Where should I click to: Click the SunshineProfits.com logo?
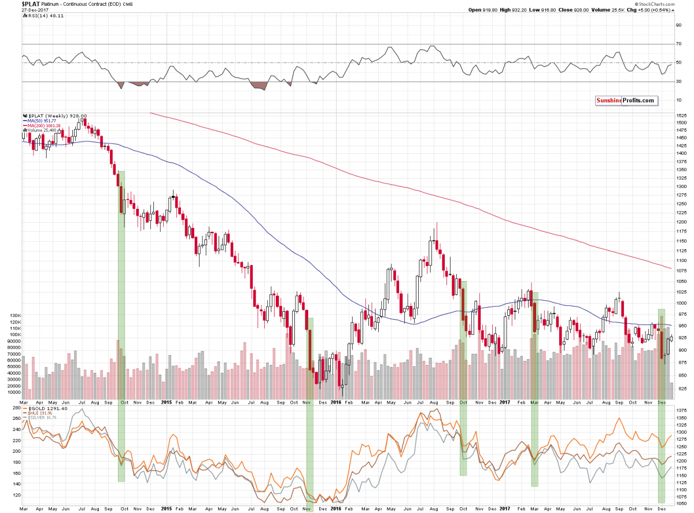(627, 101)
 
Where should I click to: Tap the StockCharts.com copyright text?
(666, 3)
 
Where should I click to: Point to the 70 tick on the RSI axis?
(677, 44)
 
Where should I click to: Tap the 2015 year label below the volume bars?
(167, 402)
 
